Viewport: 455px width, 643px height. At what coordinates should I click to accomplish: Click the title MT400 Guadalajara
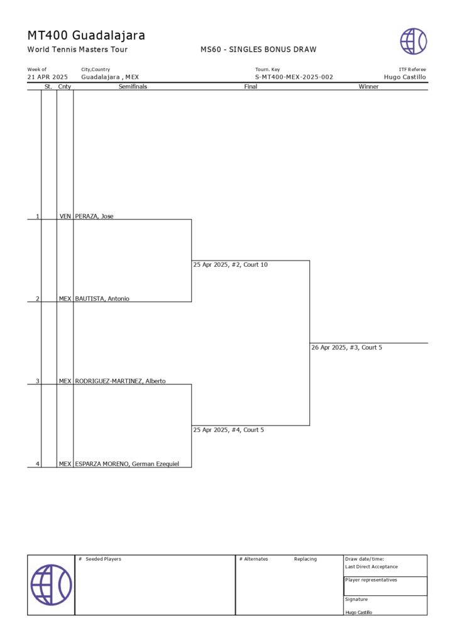click(86, 36)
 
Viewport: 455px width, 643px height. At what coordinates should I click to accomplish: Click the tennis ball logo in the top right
click(413, 41)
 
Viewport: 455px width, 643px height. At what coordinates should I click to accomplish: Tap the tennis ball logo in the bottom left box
click(51, 585)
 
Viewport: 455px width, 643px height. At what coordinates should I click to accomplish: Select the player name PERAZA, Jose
click(94, 217)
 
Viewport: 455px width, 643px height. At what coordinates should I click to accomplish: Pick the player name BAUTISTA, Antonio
click(102, 299)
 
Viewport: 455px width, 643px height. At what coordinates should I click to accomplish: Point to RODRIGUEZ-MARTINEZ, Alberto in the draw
click(120, 381)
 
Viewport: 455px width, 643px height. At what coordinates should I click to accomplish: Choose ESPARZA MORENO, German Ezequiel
click(127, 464)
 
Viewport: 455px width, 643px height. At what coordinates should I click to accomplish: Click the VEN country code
click(65, 217)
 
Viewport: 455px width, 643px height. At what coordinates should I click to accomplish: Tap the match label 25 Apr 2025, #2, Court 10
click(230, 265)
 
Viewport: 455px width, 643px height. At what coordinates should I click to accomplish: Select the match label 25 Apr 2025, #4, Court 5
click(228, 430)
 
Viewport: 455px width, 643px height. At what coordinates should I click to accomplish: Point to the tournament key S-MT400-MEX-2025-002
click(293, 77)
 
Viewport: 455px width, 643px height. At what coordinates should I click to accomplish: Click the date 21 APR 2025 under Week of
click(47, 77)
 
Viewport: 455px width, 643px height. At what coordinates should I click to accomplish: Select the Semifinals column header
click(133, 87)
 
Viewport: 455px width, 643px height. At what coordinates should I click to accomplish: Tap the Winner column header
click(368, 87)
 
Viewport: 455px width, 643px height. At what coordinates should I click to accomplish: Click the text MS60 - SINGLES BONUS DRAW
click(258, 50)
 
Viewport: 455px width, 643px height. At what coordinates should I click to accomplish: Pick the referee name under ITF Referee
click(405, 77)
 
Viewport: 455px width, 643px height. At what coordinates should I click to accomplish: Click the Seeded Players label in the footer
click(103, 559)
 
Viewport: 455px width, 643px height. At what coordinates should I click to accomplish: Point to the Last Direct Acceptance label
click(371, 567)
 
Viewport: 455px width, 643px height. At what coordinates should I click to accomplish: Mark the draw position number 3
click(37, 381)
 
